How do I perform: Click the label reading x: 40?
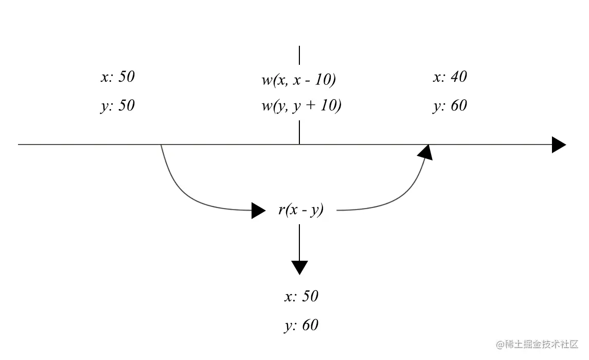[450, 77]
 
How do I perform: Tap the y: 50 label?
[117, 105]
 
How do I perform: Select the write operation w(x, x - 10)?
[298, 80]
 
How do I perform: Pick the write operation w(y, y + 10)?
[301, 106]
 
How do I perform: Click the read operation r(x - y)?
[301, 210]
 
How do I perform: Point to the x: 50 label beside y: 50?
[117, 77]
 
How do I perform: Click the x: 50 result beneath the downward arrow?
[301, 296]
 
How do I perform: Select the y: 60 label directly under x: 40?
[450, 105]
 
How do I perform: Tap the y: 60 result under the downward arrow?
[301, 325]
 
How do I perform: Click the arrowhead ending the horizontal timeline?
[559, 145]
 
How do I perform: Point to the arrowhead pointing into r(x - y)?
[258, 210]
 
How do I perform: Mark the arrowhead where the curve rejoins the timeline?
[425, 152]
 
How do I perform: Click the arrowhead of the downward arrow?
[299, 267]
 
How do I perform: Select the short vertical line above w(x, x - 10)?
[299, 55]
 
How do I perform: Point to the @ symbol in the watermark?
[499, 344]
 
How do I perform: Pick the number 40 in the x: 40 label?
[458, 77]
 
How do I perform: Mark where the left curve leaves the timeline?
[161, 146]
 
